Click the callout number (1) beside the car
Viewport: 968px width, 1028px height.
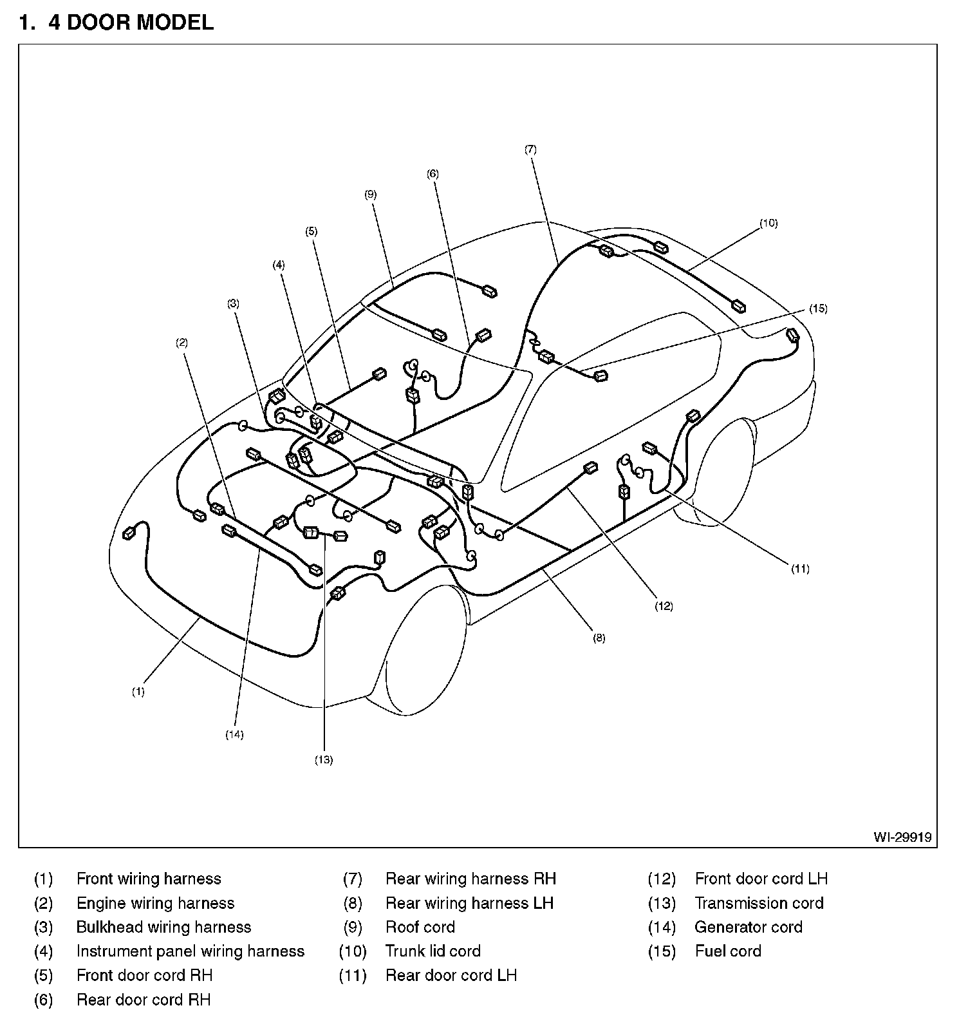(x=138, y=692)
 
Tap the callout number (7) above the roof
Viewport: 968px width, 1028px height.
(x=530, y=149)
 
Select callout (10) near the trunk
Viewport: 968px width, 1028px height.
(x=768, y=224)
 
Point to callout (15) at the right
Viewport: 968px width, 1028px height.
(x=818, y=309)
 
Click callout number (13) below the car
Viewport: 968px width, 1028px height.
(x=324, y=759)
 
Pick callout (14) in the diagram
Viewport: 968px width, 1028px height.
(x=234, y=734)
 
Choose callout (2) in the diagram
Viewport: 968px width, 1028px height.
(x=182, y=343)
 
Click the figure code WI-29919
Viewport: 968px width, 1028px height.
(x=902, y=837)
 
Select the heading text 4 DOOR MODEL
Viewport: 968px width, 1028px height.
(x=131, y=23)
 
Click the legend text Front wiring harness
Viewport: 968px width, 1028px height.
(x=149, y=879)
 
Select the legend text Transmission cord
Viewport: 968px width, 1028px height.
(x=759, y=903)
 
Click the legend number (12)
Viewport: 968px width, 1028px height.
(x=662, y=879)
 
